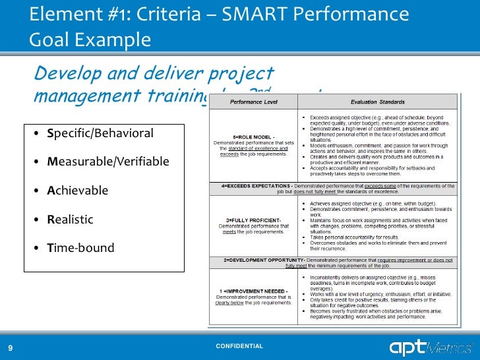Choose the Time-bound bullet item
[x=80, y=249]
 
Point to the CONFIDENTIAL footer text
[x=240, y=346]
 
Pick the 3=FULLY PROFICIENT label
[x=254, y=220]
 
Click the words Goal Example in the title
[x=90, y=40]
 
